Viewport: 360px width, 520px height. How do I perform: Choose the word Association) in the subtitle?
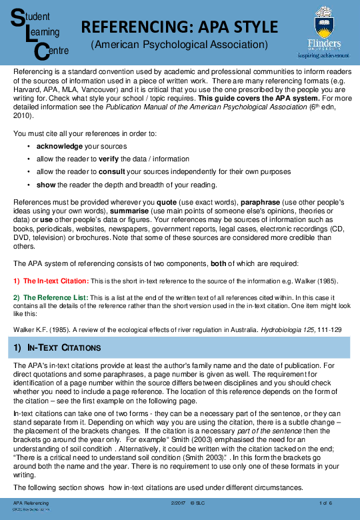[237, 45]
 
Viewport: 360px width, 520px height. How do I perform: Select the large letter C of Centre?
[41, 52]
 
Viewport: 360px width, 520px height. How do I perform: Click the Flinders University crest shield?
[323, 23]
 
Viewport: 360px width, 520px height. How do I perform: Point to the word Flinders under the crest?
[323, 43]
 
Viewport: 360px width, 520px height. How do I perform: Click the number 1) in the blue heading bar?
[18, 348]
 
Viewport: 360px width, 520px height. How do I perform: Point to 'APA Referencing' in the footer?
[31, 503]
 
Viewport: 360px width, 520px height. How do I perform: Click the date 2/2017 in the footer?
[177, 503]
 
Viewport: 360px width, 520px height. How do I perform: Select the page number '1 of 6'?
[326, 503]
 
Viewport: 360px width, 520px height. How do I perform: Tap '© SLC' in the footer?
[197, 503]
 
